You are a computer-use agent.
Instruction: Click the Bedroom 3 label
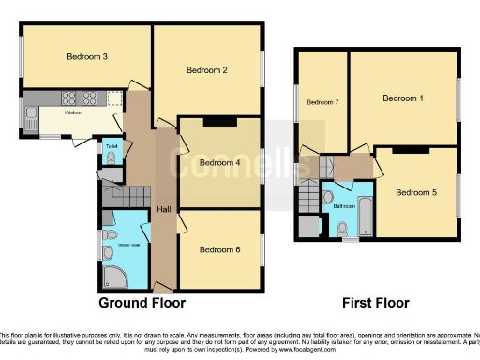pyautogui.click(x=86, y=57)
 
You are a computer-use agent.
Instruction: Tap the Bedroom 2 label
pyautogui.click(x=207, y=69)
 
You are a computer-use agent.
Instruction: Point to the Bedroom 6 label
pyautogui.click(x=219, y=249)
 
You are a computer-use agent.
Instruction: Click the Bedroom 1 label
pyautogui.click(x=403, y=98)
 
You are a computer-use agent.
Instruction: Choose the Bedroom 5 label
pyautogui.click(x=415, y=193)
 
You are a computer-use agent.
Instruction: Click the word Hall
pyautogui.click(x=164, y=208)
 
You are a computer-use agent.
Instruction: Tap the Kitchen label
pyautogui.click(x=73, y=112)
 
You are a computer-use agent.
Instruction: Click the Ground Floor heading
pyautogui.click(x=142, y=303)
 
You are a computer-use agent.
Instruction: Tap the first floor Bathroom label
pyautogui.click(x=343, y=205)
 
